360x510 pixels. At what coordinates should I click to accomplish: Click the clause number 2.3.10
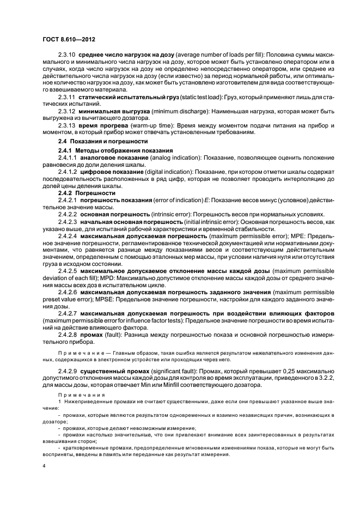point(68,55)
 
